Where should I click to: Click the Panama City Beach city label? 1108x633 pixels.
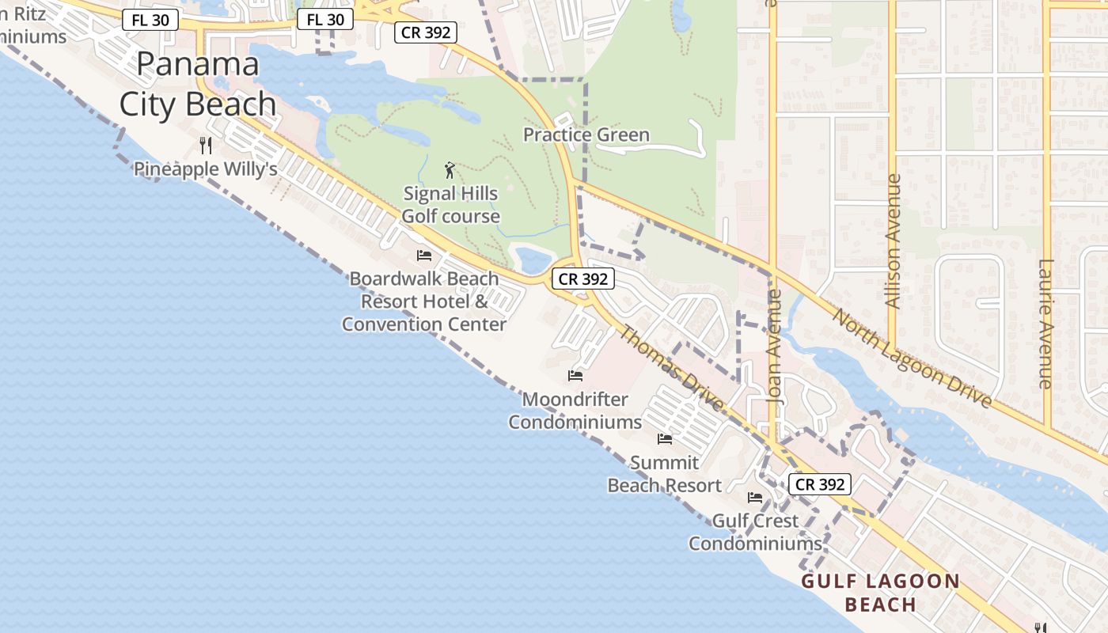coord(197,84)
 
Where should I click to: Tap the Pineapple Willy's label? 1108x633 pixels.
coord(205,169)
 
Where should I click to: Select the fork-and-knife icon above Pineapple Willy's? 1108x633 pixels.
coord(206,145)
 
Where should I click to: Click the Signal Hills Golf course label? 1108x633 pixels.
coord(451,205)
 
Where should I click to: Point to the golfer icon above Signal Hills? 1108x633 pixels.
coord(450,169)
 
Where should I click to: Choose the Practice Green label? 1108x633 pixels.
coord(586,135)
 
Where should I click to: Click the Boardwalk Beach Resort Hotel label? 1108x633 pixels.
coord(424,301)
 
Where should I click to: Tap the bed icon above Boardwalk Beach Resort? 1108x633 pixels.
coord(424,256)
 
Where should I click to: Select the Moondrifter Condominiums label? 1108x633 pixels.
coord(575,411)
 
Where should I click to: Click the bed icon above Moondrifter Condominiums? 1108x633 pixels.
coord(575,375)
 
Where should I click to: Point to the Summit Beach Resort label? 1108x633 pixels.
coord(665,474)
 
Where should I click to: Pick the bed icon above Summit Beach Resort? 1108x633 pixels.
coord(665,438)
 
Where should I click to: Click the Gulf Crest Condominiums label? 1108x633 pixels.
coord(755,533)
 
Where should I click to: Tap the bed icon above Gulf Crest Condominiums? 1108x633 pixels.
coord(755,498)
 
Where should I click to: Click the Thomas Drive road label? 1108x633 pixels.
coord(670,369)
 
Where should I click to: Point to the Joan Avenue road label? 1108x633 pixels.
coord(774,347)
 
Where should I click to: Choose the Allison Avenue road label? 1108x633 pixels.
coord(893,241)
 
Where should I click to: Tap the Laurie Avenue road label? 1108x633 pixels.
coord(1046,324)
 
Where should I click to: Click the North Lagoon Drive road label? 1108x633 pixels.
coord(912,358)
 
